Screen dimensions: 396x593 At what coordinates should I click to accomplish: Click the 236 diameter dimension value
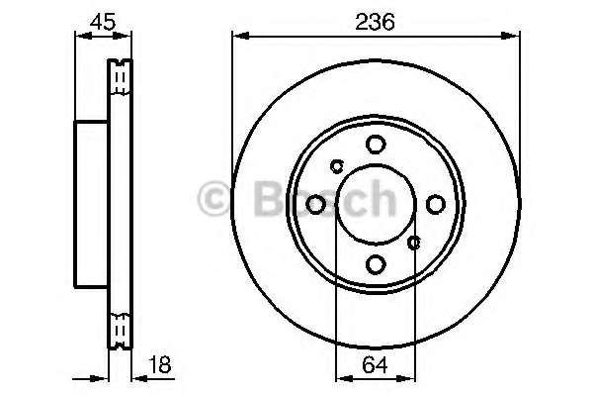[376, 21]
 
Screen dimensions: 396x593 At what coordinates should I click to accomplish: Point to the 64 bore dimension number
[375, 365]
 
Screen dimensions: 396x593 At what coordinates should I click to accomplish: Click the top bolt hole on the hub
[375, 145]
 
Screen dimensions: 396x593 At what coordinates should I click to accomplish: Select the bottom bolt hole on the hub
[375, 264]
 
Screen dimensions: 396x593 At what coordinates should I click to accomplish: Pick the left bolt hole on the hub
[315, 204]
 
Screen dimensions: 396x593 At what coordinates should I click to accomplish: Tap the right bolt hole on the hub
[435, 204]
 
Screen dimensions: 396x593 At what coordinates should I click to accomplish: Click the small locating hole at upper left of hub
[336, 166]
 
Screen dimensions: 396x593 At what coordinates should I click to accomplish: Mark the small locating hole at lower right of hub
[414, 240]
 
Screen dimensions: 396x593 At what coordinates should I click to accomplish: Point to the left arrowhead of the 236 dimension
[238, 37]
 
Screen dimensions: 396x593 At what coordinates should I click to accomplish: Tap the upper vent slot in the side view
[120, 77]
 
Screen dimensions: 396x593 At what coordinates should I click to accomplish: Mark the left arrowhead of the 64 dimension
[340, 377]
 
